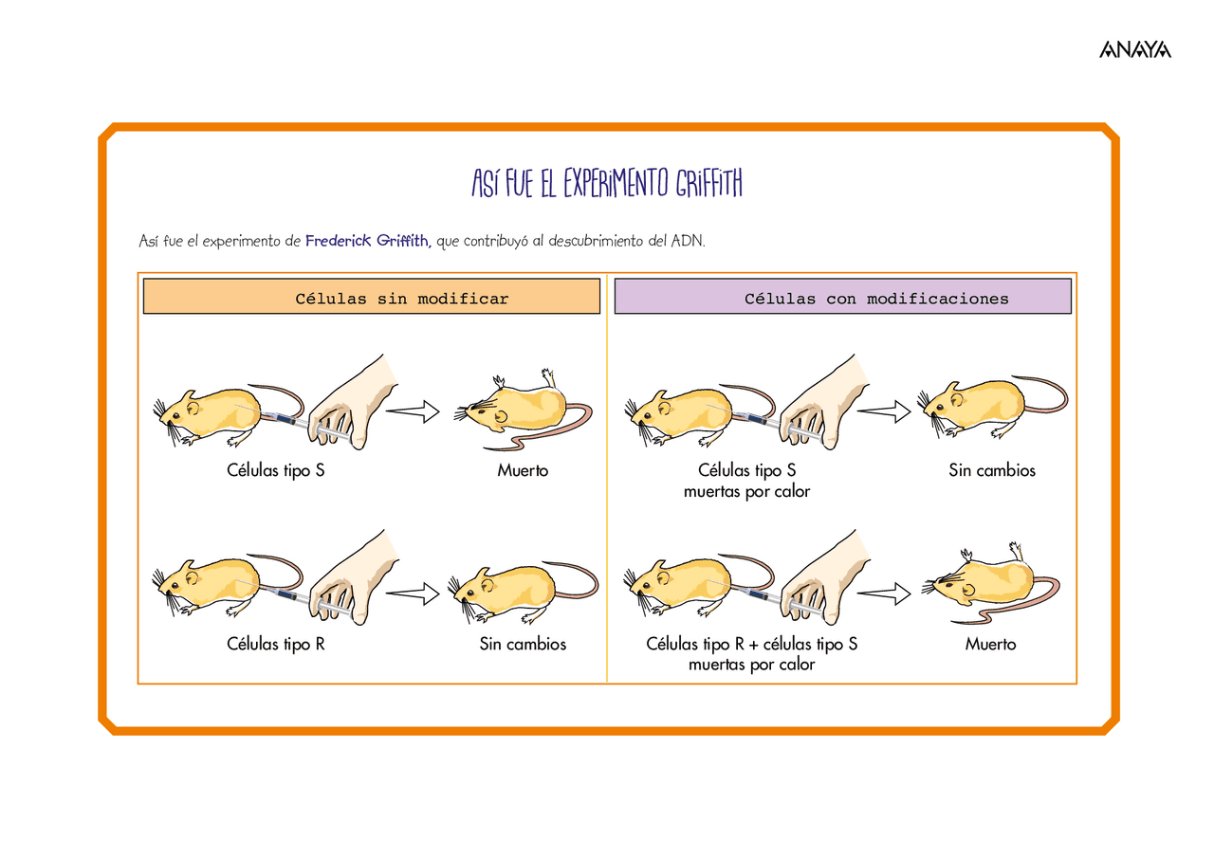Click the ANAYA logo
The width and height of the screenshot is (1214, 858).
(x=1135, y=49)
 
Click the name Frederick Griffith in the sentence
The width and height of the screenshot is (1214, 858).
(x=367, y=241)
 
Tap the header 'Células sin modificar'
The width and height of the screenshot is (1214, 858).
(x=401, y=299)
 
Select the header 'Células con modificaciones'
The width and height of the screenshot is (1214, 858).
(x=876, y=299)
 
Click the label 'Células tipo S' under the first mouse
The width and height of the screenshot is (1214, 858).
(x=275, y=470)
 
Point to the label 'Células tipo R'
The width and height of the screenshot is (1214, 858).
(x=275, y=644)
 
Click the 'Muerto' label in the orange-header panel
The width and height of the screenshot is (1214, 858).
(x=523, y=470)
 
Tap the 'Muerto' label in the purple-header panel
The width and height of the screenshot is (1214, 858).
(x=990, y=644)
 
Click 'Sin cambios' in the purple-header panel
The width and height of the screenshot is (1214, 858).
(x=992, y=470)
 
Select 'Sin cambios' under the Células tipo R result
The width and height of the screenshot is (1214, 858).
(x=523, y=644)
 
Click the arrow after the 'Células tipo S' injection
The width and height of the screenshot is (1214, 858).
(x=413, y=411)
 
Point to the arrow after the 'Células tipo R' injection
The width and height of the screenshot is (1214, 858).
(x=413, y=593)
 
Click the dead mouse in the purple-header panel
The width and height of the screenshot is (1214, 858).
(x=991, y=583)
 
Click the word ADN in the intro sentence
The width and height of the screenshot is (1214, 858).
(x=688, y=241)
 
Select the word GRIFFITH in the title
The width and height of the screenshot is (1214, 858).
(x=708, y=183)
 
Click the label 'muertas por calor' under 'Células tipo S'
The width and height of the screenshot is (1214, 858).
(x=746, y=491)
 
